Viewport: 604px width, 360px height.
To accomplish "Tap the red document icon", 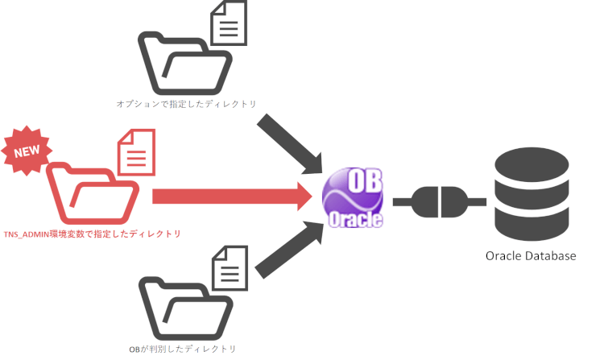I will point(137,153).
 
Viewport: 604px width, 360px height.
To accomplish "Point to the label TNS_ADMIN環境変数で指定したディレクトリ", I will point(92,234).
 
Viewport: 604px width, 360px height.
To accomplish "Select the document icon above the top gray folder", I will point(228,24).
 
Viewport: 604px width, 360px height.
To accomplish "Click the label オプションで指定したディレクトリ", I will point(185,104).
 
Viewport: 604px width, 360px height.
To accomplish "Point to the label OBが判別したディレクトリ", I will point(182,349).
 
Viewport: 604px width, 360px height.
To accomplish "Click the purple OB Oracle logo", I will point(353,197).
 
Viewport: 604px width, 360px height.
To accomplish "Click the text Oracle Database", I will point(531,255).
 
